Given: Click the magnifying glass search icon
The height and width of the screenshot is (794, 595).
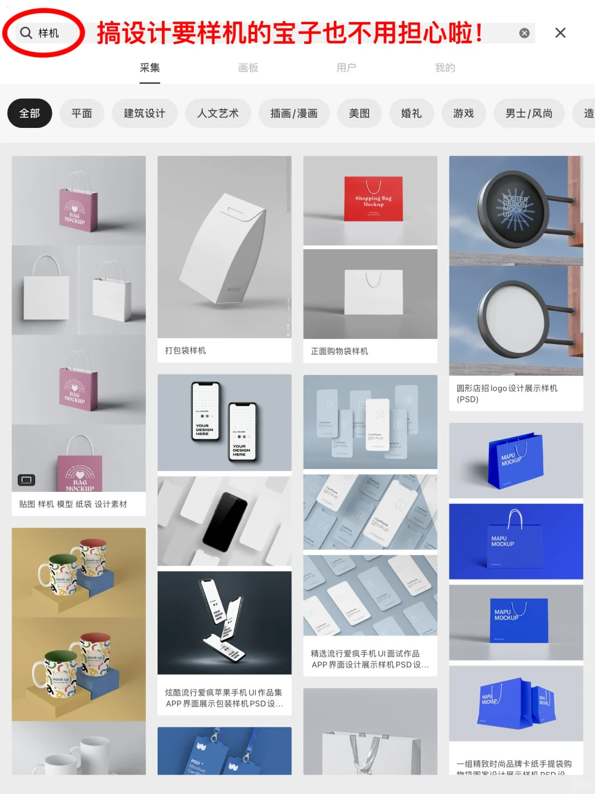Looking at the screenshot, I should pyautogui.click(x=26, y=33).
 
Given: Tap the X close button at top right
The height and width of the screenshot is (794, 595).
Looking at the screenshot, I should pyautogui.click(x=560, y=33).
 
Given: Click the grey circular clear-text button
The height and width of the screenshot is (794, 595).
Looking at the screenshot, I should pyautogui.click(x=524, y=33).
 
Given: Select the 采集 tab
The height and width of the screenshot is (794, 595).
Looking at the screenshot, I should pyautogui.click(x=149, y=68).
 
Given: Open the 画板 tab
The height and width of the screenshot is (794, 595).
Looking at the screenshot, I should pyautogui.click(x=248, y=68).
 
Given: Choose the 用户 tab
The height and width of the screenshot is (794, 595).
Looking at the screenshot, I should pyautogui.click(x=346, y=68).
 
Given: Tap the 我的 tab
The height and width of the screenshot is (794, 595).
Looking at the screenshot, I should pyautogui.click(x=445, y=68).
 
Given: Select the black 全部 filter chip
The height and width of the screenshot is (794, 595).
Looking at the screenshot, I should pyautogui.click(x=30, y=114).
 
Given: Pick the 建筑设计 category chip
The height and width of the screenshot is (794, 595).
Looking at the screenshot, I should pyautogui.click(x=144, y=114).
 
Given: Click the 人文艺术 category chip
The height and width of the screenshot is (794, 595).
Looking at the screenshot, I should pyautogui.click(x=218, y=114).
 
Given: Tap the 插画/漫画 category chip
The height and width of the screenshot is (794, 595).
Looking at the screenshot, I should pyautogui.click(x=294, y=114).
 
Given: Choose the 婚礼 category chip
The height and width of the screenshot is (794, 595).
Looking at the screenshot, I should pyautogui.click(x=411, y=114).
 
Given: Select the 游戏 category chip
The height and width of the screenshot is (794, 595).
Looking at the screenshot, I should pyautogui.click(x=463, y=114).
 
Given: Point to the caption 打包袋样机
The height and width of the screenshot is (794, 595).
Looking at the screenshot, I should pyautogui.click(x=186, y=351).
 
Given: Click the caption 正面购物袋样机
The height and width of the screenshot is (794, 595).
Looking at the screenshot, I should pyautogui.click(x=339, y=351).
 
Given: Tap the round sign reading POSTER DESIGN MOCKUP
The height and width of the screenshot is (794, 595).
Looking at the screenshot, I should pyautogui.click(x=513, y=208).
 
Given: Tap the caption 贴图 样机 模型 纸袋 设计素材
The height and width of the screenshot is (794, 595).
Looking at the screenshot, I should pyautogui.click(x=73, y=504).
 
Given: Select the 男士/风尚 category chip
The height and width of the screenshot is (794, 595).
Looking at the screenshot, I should pyautogui.click(x=529, y=114).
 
